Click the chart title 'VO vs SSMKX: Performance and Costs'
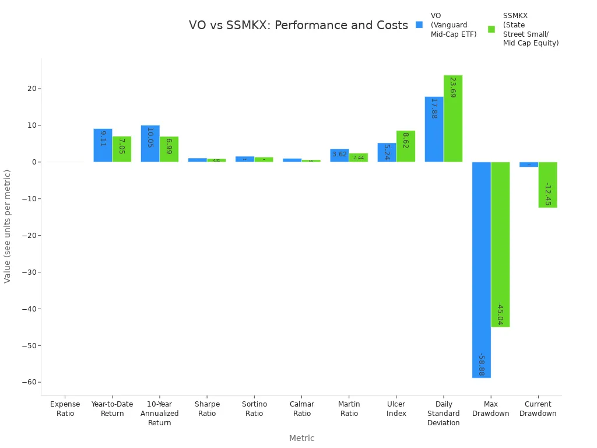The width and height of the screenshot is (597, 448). [x=298, y=26]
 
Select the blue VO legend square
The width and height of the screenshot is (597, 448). [x=419, y=25]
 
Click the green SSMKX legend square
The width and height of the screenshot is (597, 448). [x=491, y=29]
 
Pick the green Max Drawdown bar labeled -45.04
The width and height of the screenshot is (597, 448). [x=500, y=244]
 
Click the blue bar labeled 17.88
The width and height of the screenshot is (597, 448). [x=434, y=129]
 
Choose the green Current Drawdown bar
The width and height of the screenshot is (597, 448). [x=547, y=184]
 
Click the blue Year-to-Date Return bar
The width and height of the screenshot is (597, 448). [x=103, y=145]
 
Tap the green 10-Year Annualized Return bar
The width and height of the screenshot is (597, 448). [x=169, y=149]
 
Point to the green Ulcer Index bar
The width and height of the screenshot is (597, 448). [x=406, y=146]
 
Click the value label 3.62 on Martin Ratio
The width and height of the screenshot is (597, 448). [x=339, y=155]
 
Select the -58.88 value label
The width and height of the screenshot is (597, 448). [x=481, y=365]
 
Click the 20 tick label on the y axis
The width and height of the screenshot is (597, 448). [x=31, y=89]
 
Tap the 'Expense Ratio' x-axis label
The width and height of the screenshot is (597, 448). [x=65, y=409]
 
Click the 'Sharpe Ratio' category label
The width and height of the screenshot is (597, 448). [x=207, y=409]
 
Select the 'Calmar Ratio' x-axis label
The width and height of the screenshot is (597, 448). [x=302, y=409]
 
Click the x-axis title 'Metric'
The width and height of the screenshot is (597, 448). [x=301, y=438]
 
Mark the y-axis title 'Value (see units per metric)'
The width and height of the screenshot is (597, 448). [x=8, y=226]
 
